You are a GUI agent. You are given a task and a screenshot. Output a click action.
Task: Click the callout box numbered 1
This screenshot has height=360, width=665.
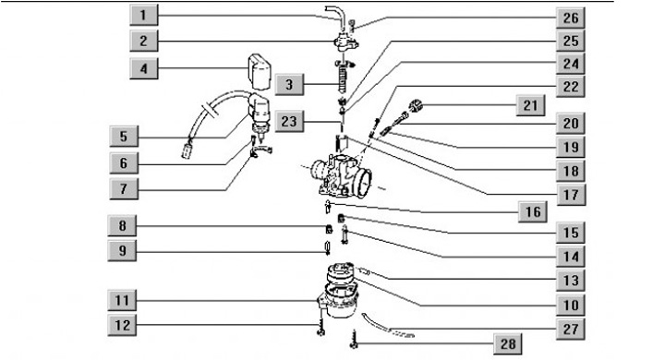pos(144,16)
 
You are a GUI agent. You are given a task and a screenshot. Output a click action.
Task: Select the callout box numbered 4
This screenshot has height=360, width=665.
pos(144,68)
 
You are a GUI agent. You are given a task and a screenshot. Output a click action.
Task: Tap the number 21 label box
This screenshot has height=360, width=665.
pos(530,105)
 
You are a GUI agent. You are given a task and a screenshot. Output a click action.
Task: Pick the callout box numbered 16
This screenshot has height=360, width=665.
pos(533,211)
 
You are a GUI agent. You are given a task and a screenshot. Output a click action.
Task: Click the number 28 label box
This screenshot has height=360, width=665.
pos(508,343)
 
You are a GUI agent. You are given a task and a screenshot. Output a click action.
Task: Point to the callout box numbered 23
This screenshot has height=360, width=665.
pos(289,121)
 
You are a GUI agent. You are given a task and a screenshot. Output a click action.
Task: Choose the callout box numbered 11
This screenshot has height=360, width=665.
pos(122,301)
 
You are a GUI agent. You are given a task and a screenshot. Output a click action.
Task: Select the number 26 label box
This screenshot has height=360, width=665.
pos(571,18)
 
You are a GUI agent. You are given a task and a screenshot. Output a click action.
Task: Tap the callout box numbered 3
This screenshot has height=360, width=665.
pos(289,84)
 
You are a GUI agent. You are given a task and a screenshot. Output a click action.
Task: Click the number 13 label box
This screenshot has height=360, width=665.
pos(571,281)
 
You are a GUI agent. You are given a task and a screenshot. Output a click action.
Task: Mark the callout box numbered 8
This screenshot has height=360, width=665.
pos(122,225)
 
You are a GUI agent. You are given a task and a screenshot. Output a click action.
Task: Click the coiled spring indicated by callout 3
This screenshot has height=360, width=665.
pos(342,79)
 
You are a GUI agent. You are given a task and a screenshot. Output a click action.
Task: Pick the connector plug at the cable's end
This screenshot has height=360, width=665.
pos(187,150)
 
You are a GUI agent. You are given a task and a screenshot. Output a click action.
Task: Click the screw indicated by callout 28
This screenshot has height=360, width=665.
pos(354,340)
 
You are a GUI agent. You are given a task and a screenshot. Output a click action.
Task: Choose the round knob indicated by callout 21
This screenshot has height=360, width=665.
pos(415,104)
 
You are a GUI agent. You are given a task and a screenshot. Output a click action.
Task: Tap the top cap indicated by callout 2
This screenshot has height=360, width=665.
pos(345,42)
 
